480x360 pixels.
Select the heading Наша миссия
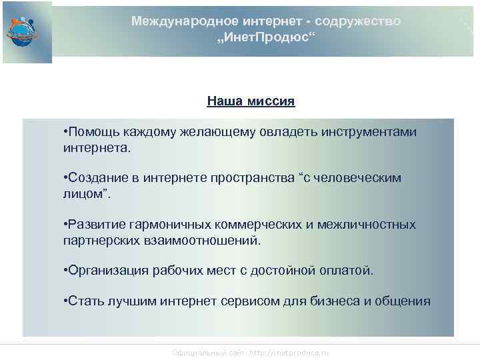[251, 102]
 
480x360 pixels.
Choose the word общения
[403, 301]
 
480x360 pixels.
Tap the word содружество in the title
[363, 21]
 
